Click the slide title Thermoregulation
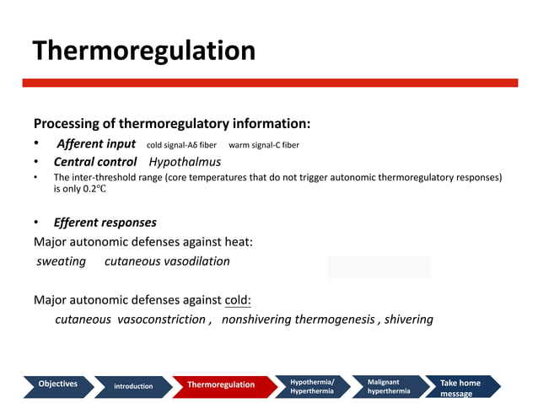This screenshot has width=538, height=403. click(x=143, y=51)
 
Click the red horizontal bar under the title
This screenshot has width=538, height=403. click(x=270, y=83)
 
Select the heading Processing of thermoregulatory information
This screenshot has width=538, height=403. click(x=172, y=124)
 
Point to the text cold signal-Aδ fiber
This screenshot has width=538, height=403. click(x=181, y=145)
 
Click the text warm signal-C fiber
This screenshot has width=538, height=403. click(x=264, y=145)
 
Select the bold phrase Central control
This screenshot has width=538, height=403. click(x=95, y=162)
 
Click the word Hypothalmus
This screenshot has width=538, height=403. click(x=185, y=162)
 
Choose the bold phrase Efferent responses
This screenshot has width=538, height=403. click(x=105, y=223)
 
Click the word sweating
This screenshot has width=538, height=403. click(x=62, y=261)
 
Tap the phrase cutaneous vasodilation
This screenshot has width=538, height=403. click(x=167, y=261)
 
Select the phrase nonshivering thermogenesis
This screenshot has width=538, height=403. click(x=299, y=320)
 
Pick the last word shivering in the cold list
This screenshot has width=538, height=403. click(x=408, y=320)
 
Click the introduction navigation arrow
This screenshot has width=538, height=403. click(x=133, y=386)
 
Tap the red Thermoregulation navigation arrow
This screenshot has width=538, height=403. click(x=221, y=385)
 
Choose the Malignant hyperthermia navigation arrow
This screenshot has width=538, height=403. click(x=389, y=386)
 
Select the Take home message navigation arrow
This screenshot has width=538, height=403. click(x=460, y=387)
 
